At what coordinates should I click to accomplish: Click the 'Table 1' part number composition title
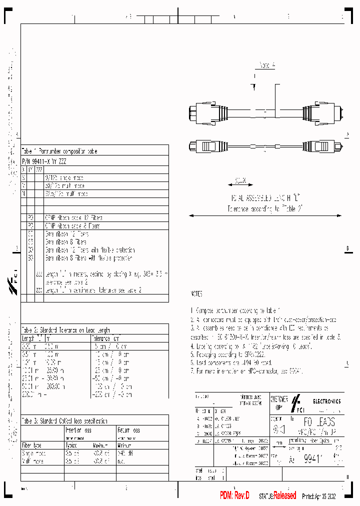(x=59, y=151)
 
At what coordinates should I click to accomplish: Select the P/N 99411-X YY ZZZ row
(x=43, y=161)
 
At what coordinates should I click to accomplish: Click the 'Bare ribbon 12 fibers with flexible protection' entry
(x=89, y=250)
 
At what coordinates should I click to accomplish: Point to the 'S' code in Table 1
(x=23, y=178)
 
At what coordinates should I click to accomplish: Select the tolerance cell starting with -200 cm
(x=111, y=394)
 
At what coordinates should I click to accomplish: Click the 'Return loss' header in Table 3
(x=128, y=429)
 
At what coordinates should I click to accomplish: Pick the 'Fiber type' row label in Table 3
(x=32, y=444)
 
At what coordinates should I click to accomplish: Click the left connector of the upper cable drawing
(x=205, y=112)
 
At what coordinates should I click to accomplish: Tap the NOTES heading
(x=196, y=294)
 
